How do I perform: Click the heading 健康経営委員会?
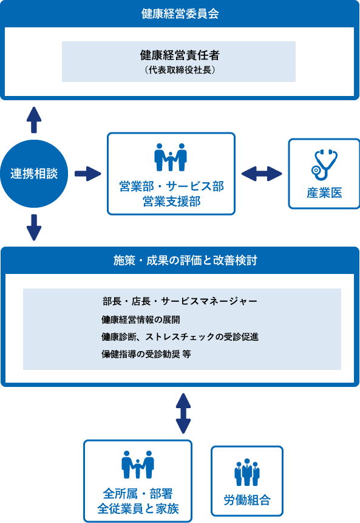(x=180, y=14)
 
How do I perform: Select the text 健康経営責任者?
(x=180, y=55)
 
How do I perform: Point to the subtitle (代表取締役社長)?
(x=180, y=70)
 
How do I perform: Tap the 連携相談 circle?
(x=34, y=174)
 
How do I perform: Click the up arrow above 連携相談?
(x=34, y=120)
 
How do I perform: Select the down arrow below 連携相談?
(x=34, y=227)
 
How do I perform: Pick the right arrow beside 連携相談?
(x=88, y=174)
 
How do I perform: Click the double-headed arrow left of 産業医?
(x=262, y=174)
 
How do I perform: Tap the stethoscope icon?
(x=324, y=165)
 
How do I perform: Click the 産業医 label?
(x=324, y=193)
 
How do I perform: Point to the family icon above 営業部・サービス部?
(x=171, y=157)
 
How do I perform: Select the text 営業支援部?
(x=171, y=202)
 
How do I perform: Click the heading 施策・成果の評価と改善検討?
(x=185, y=261)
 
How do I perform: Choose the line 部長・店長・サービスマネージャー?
(x=180, y=301)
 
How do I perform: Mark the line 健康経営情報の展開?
(x=141, y=320)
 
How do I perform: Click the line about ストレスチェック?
(x=180, y=337)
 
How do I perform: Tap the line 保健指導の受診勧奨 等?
(x=146, y=354)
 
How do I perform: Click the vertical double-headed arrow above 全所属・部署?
(x=183, y=413)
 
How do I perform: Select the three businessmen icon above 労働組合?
(x=247, y=473)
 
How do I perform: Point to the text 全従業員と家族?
(x=138, y=508)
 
